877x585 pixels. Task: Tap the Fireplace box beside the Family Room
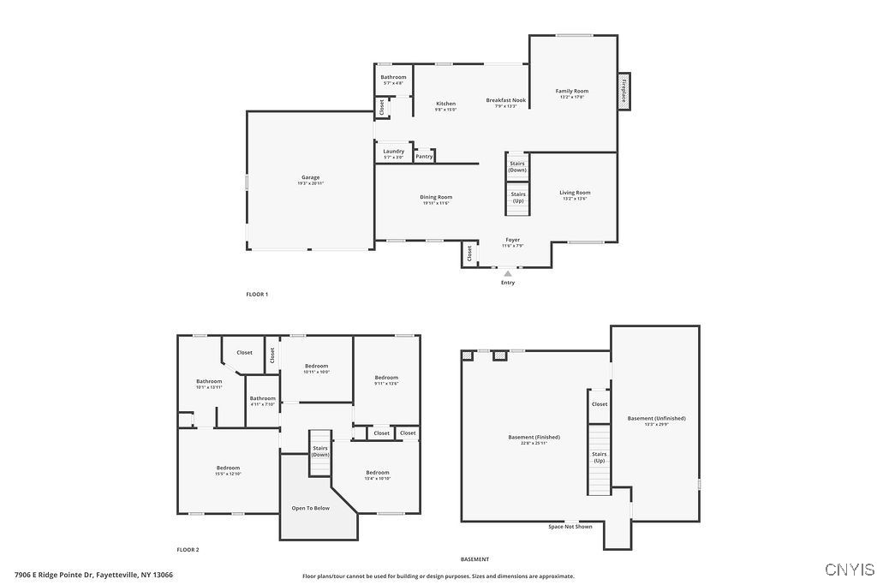624,91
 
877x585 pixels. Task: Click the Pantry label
424,157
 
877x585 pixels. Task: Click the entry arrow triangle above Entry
508,273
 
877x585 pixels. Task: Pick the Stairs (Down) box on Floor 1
517,166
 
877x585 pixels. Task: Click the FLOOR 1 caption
257,295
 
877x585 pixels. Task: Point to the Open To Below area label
310,508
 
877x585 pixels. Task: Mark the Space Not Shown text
570,527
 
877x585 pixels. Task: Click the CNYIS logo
850,569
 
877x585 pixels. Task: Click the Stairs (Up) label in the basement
600,457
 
